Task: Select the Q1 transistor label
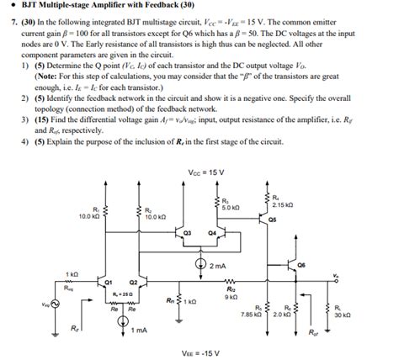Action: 109,281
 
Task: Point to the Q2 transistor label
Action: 133,281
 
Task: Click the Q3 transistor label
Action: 188,230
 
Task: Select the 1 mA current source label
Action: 140,330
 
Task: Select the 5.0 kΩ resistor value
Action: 231,206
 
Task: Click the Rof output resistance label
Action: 314,333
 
